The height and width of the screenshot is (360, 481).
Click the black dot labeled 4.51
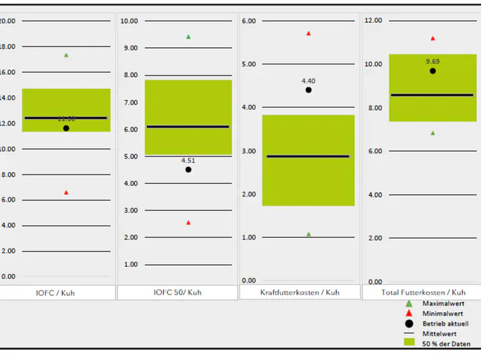[x=188, y=170]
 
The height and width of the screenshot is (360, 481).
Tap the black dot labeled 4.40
[x=308, y=90]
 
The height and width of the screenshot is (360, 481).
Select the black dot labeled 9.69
[x=432, y=71]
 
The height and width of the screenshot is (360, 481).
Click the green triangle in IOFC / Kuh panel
[x=66, y=55]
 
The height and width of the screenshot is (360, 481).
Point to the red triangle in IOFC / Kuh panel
[x=66, y=193]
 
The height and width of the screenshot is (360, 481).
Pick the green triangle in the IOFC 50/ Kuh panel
[x=188, y=36]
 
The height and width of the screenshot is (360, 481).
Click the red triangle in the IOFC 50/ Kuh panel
[x=188, y=222]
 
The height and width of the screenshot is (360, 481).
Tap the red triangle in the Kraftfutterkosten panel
[x=308, y=33]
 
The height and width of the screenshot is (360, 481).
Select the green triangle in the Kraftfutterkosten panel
[x=308, y=234]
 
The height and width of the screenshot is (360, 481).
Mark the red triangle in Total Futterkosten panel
[x=432, y=38]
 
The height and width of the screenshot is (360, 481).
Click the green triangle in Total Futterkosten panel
[x=432, y=133]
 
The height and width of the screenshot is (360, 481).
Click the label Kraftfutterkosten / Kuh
[x=300, y=293]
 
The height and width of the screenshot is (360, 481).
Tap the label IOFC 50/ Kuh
[x=177, y=293]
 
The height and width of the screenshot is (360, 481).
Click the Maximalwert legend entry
[x=445, y=304]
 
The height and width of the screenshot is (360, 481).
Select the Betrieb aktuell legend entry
[x=446, y=324]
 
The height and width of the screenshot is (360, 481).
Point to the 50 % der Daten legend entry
[x=446, y=344]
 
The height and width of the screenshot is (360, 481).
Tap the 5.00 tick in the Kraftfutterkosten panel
[x=249, y=64]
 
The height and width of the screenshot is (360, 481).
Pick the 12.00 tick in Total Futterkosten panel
[x=373, y=20]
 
